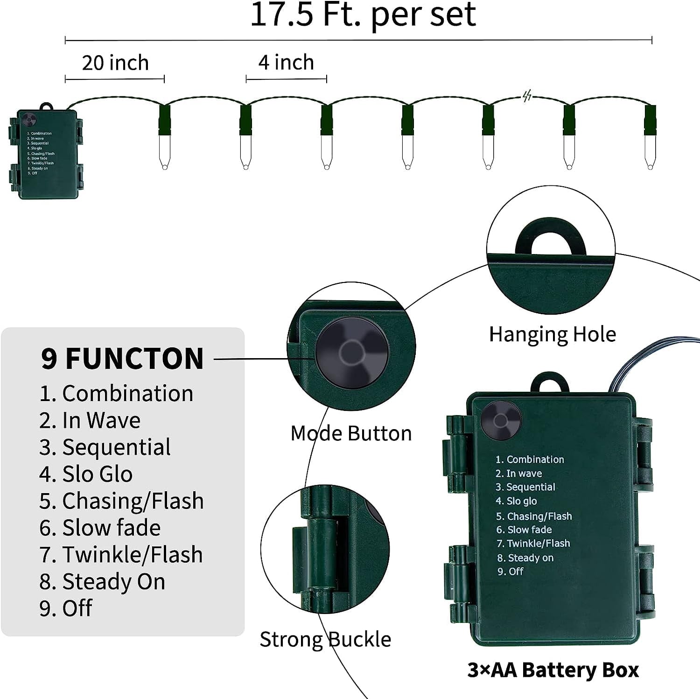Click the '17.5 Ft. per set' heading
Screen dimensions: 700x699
[x=363, y=15]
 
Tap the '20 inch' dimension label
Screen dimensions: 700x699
[x=115, y=63]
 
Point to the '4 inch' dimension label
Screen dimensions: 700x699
[x=286, y=62]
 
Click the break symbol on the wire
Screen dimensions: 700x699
[x=527, y=96]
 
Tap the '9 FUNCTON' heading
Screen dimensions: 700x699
[x=122, y=359]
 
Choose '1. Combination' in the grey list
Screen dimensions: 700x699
[x=116, y=393]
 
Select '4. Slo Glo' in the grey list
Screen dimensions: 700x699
[x=86, y=474]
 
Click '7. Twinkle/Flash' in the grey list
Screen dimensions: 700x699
[x=121, y=555]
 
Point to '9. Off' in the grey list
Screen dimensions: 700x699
[x=66, y=608]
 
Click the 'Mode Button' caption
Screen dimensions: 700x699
[x=351, y=433]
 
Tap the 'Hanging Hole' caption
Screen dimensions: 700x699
[x=553, y=334]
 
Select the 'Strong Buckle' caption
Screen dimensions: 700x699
[x=325, y=639]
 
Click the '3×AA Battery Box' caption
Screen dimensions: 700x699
[x=553, y=670]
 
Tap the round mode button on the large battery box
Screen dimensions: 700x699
[x=501, y=421]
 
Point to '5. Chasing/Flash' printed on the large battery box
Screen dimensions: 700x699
[x=534, y=516]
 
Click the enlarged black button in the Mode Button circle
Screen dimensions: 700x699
[x=352, y=352]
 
